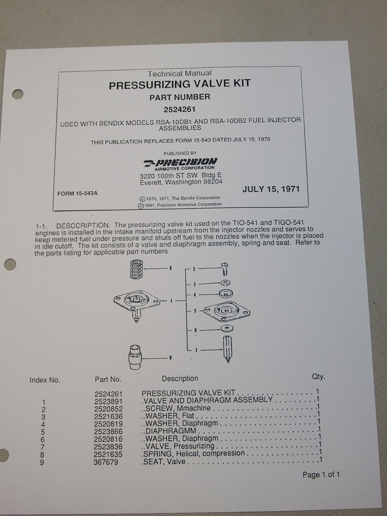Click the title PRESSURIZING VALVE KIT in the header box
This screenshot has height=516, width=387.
pyautogui.click(x=180, y=84)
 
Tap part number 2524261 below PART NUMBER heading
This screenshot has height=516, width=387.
pyautogui.click(x=180, y=109)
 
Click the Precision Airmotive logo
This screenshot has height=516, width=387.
pyautogui.click(x=180, y=163)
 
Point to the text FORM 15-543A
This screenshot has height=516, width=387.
pyautogui.click(x=77, y=193)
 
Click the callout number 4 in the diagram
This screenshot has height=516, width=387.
pyautogui.click(x=194, y=295)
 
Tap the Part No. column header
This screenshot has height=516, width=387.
pyautogui.click(x=108, y=379)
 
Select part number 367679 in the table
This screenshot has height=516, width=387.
pyautogui.click(x=107, y=462)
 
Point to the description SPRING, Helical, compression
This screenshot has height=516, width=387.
pyautogui.click(x=194, y=453)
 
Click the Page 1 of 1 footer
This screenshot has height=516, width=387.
pyautogui.click(x=321, y=475)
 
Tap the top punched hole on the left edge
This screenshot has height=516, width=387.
pyautogui.click(x=17, y=94)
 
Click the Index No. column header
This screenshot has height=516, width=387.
pyautogui.click(x=45, y=380)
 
